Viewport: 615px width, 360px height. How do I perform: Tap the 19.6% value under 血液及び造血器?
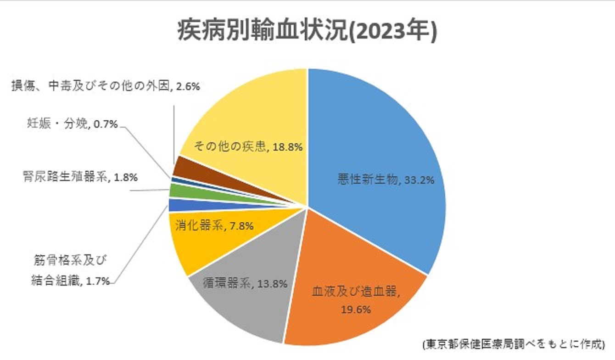point(356,309)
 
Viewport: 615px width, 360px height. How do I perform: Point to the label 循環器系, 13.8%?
point(245,283)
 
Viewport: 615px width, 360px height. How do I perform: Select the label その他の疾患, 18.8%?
point(248,147)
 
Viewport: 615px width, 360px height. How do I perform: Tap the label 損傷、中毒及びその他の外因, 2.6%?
point(106,85)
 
